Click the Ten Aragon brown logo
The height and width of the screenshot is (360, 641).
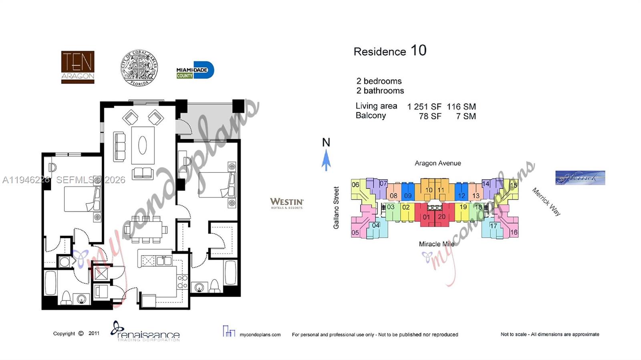(x=78, y=67)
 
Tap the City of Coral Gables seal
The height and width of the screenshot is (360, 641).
(x=139, y=68)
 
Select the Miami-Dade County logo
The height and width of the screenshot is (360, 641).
(x=195, y=71)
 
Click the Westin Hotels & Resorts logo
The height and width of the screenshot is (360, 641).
(x=286, y=203)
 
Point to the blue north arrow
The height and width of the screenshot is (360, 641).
(x=326, y=160)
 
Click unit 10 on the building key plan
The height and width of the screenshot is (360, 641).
(x=428, y=190)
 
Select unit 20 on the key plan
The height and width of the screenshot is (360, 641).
(x=441, y=217)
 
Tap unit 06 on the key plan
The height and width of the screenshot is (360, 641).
(x=355, y=185)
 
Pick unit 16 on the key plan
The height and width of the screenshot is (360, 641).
(x=514, y=232)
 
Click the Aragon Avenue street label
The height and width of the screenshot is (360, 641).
(x=437, y=163)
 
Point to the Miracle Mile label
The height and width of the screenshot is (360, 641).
(x=436, y=244)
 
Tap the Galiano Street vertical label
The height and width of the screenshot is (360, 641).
(x=336, y=208)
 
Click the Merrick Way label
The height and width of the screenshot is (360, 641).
(x=546, y=202)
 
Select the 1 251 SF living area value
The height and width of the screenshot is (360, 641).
(x=424, y=107)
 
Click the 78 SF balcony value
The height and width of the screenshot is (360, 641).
(x=430, y=116)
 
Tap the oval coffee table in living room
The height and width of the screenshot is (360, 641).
(x=143, y=145)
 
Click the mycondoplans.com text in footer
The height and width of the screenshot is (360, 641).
(x=260, y=334)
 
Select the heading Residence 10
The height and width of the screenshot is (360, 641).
(x=390, y=51)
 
